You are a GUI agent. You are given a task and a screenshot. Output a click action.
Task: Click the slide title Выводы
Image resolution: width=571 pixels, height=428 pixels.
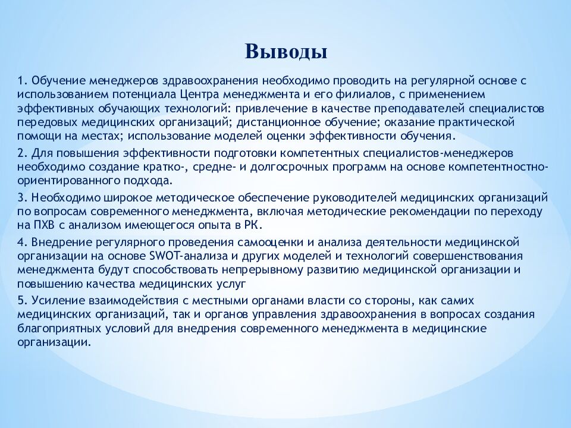[x=286, y=52]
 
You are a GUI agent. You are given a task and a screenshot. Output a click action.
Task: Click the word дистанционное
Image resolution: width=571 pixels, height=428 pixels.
[x=278, y=122]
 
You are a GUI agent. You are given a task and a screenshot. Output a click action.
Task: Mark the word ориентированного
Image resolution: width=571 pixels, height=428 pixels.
[x=69, y=181]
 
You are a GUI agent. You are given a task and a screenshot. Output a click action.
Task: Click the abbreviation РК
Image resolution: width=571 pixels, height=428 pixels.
[x=253, y=225]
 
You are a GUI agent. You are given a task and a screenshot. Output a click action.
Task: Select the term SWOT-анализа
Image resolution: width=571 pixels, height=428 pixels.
[x=189, y=256]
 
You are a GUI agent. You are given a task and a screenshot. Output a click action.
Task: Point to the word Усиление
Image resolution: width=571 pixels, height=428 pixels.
[x=58, y=301]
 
